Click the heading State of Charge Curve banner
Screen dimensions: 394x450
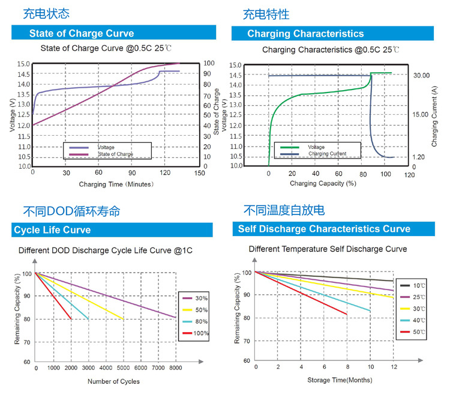click(82, 33)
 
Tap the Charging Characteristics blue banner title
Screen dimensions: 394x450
click(305, 34)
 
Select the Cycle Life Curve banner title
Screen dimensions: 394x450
click(52, 230)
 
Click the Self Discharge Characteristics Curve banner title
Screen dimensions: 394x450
click(324, 229)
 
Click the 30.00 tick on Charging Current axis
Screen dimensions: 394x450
click(422, 76)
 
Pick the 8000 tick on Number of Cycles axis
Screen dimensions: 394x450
click(175, 368)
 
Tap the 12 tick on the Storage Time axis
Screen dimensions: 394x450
click(394, 366)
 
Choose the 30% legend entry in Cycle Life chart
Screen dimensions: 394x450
click(194, 299)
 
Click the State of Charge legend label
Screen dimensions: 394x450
click(115, 154)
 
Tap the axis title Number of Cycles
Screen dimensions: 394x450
click(113, 381)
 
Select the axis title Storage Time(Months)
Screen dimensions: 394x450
click(340, 380)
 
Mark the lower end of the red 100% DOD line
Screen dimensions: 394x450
click(71, 318)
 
